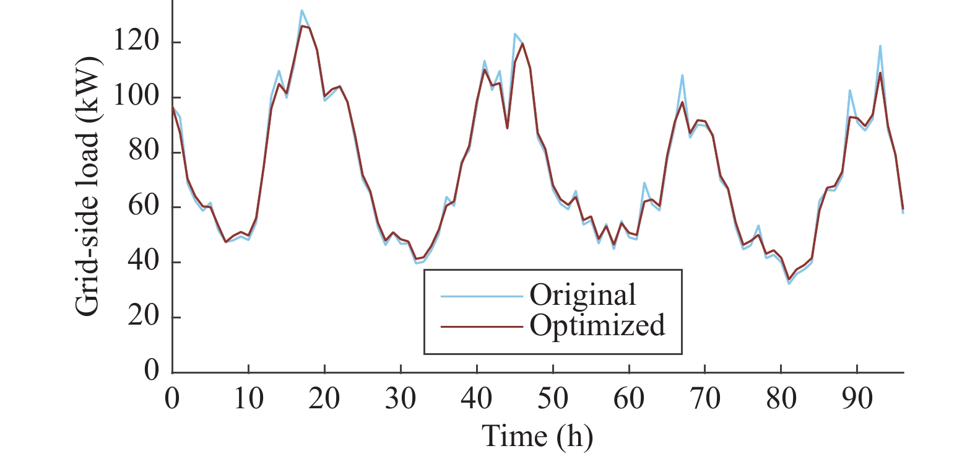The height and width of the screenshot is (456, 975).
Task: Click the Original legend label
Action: click(583, 295)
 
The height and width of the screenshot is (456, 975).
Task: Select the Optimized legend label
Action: click(597, 325)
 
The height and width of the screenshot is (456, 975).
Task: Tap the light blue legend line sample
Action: click(481, 296)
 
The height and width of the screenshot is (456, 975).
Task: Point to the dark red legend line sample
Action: click(481, 326)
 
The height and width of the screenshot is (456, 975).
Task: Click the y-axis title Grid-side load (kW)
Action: click(87, 186)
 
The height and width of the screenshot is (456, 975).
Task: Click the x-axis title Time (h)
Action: click(537, 436)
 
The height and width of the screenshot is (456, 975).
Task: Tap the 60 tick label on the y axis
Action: click(144, 206)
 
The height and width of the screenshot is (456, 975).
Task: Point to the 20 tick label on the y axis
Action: click(144, 316)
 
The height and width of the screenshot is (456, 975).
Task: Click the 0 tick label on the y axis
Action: click(152, 370)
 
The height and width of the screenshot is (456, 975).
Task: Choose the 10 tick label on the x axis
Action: click(248, 398)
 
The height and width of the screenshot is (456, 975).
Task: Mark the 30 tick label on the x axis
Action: click(401, 398)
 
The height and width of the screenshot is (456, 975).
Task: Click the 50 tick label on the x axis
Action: click(553, 398)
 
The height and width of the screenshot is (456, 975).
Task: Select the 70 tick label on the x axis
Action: click(705, 398)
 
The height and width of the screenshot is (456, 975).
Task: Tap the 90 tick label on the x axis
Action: click(857, 398)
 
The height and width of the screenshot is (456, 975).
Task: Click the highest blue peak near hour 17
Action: click(301, 11)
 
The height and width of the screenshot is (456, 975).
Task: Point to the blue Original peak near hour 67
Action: click(682, 76)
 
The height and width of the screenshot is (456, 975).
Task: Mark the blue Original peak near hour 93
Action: click(880, 46)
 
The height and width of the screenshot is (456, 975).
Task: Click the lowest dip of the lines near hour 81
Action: click(789, 283)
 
